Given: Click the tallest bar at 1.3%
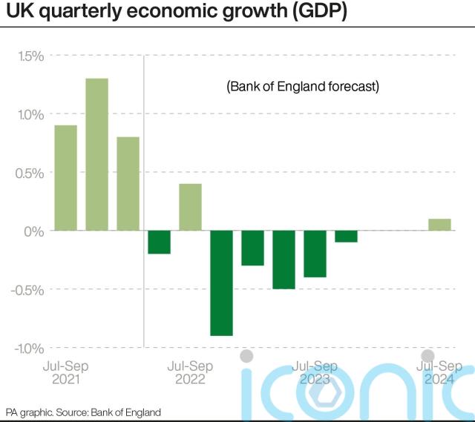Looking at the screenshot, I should (x=96, y=154).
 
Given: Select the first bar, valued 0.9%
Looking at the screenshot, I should (x=66, y=178).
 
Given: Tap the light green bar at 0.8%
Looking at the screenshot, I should (x=128, y=184).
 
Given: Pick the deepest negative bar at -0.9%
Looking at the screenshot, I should (x=221, y=283).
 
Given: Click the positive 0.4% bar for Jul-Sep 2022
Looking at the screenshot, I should (x=190, y=207).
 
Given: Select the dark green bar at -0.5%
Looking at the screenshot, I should (x=284, y=260).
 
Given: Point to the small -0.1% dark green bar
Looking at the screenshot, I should (x=346, y=237).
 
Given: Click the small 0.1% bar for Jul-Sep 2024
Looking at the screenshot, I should (x=439, y=225).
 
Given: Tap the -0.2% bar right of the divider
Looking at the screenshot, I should (x=159, y=243).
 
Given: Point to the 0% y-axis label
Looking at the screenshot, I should (x=34, y=231).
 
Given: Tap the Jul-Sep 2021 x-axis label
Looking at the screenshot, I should (x=66, y=372).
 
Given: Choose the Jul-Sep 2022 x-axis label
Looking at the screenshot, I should (x=190, y=372).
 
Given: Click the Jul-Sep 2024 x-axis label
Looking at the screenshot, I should (x=439, y=372).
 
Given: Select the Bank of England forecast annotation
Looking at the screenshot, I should (x=303, y=87).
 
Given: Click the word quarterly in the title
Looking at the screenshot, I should (x=72, y=13).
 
